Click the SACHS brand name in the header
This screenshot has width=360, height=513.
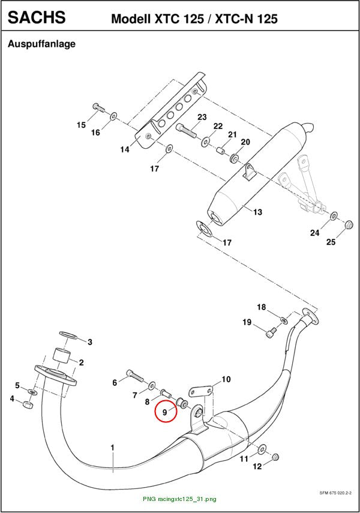[37, 17]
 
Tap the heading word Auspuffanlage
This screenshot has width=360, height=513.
[41, 44]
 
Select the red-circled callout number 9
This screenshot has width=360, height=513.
[164, 413]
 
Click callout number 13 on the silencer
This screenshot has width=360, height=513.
[257, 212]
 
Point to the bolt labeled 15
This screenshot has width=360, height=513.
[98, 107]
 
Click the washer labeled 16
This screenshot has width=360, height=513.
[113, 116]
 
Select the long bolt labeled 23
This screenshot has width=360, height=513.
[186, 130]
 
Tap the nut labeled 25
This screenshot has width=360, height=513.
[349, 225]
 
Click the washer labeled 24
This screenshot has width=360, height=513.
[334, 216]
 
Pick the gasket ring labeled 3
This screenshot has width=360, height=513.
[68, 335]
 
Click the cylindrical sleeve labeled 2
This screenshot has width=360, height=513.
[62, 356]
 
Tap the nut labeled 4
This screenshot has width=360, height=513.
[28, 406]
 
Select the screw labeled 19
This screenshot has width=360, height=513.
[271, 334]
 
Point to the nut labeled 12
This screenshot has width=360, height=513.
[275, 457]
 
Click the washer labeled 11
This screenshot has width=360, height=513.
[262, 449]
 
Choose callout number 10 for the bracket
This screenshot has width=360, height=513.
[226, 379]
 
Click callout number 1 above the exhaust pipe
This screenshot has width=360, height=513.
[112, 447]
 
